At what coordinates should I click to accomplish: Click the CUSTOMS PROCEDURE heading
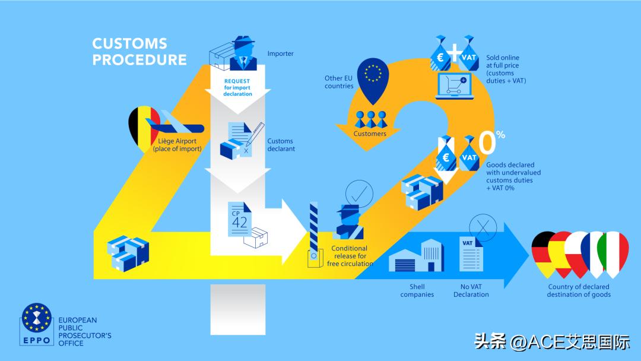[139, 52]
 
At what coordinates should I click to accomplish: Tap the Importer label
[280, 53]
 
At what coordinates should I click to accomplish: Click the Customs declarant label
[281, 145]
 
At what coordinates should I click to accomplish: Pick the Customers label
[370, 134]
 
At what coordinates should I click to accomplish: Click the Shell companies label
[417, 291]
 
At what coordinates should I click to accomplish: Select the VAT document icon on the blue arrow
[471, 255]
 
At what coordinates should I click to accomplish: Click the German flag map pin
[542, 253]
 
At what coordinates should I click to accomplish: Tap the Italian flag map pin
[613, 253]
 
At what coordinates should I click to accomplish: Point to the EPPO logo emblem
[36, 321]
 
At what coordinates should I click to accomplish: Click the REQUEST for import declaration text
[237, 87]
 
